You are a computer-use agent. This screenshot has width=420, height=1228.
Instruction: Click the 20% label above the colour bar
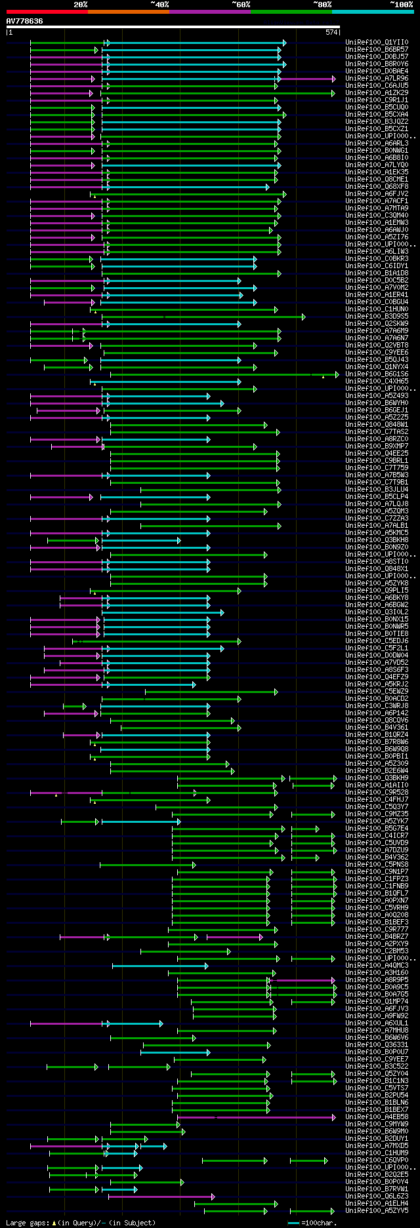point(80,4)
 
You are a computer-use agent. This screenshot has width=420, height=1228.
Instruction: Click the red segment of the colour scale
point(47,12)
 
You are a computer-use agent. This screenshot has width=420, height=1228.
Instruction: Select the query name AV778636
point(25,21)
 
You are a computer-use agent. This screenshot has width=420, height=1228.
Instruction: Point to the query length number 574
point(331,31)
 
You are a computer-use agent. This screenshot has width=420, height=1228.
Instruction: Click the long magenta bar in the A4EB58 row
point(256,1117)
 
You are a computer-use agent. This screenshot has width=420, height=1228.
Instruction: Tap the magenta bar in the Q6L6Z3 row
point(161,1196)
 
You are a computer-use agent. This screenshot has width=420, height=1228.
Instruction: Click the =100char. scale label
point(318,1223)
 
